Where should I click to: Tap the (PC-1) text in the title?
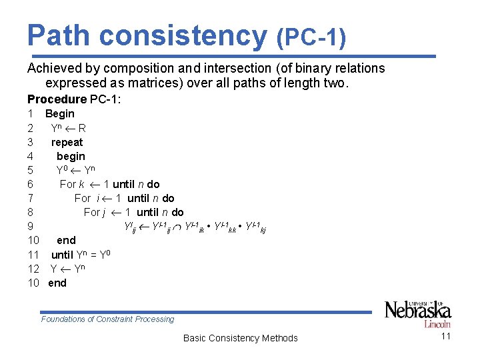click(311, 37)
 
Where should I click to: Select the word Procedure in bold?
click(57, 99)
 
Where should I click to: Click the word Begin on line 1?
click(60, 114)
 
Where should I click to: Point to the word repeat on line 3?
click(67, 142)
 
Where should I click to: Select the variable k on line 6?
click(82, 184)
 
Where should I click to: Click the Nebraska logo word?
click(417, 311)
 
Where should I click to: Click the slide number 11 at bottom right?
click(446, 336)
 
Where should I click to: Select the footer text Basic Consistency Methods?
click(240, 338)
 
